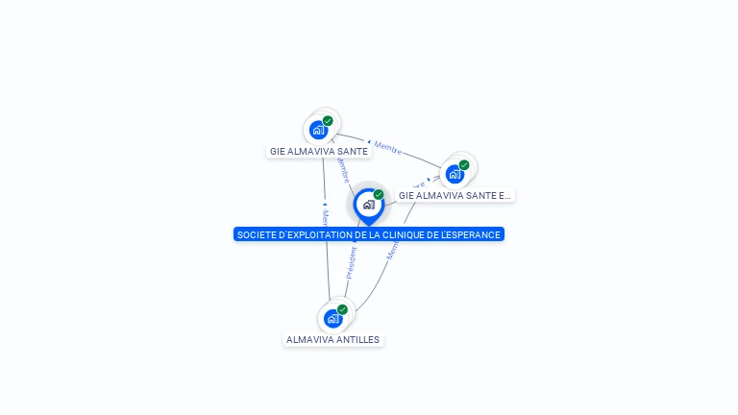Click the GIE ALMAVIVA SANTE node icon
[x=319, y=131]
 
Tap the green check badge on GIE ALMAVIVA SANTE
[x=328, y=121]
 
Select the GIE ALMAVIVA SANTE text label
[x=319, y=151]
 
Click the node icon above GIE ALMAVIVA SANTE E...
[x=455, y=174]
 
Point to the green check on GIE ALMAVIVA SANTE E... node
[x=464, y=165]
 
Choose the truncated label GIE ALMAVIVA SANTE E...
[x=455, y=195]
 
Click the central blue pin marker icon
[x=368, y=205]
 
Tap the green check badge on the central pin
[x=379, y=195]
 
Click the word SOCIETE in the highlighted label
[x=255, y=234]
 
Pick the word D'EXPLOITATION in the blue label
[x=308, y=234]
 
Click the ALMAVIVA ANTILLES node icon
[x=332, y=318]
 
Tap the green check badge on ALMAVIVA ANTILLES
[x=342, y=309]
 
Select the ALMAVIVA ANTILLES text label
[x=333, y=339]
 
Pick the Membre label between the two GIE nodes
[x=388, y=148]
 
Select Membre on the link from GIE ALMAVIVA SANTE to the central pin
[x=341, y=170]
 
